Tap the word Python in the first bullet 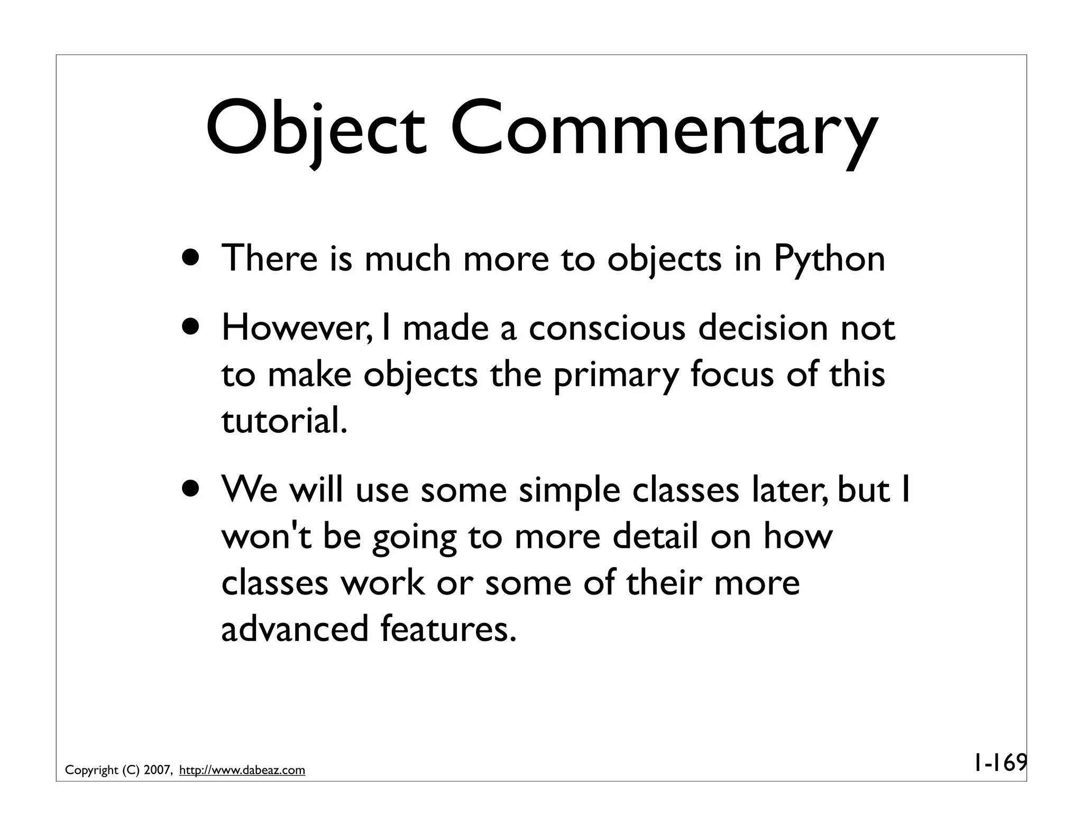click(x=829, y=259)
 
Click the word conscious click(x=607, y=328)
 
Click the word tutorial click(x=284, y=421)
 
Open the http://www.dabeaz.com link click(x=242, y=770)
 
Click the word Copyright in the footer click(x=91, y=771)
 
